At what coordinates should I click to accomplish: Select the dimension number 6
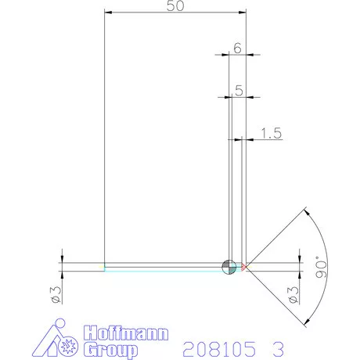pos(237,48)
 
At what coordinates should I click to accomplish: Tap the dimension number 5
pos(237,89)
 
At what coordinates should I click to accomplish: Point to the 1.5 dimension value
pos(270,134)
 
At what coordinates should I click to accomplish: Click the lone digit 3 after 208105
pos(278,345)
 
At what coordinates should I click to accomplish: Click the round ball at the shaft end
pos(229,267)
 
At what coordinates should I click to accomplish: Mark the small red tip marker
pos(244,267)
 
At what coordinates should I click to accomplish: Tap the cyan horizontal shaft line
pos(164,269)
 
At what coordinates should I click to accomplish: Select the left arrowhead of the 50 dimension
pos(108,13)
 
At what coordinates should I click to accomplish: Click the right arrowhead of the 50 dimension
pos(243,13)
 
